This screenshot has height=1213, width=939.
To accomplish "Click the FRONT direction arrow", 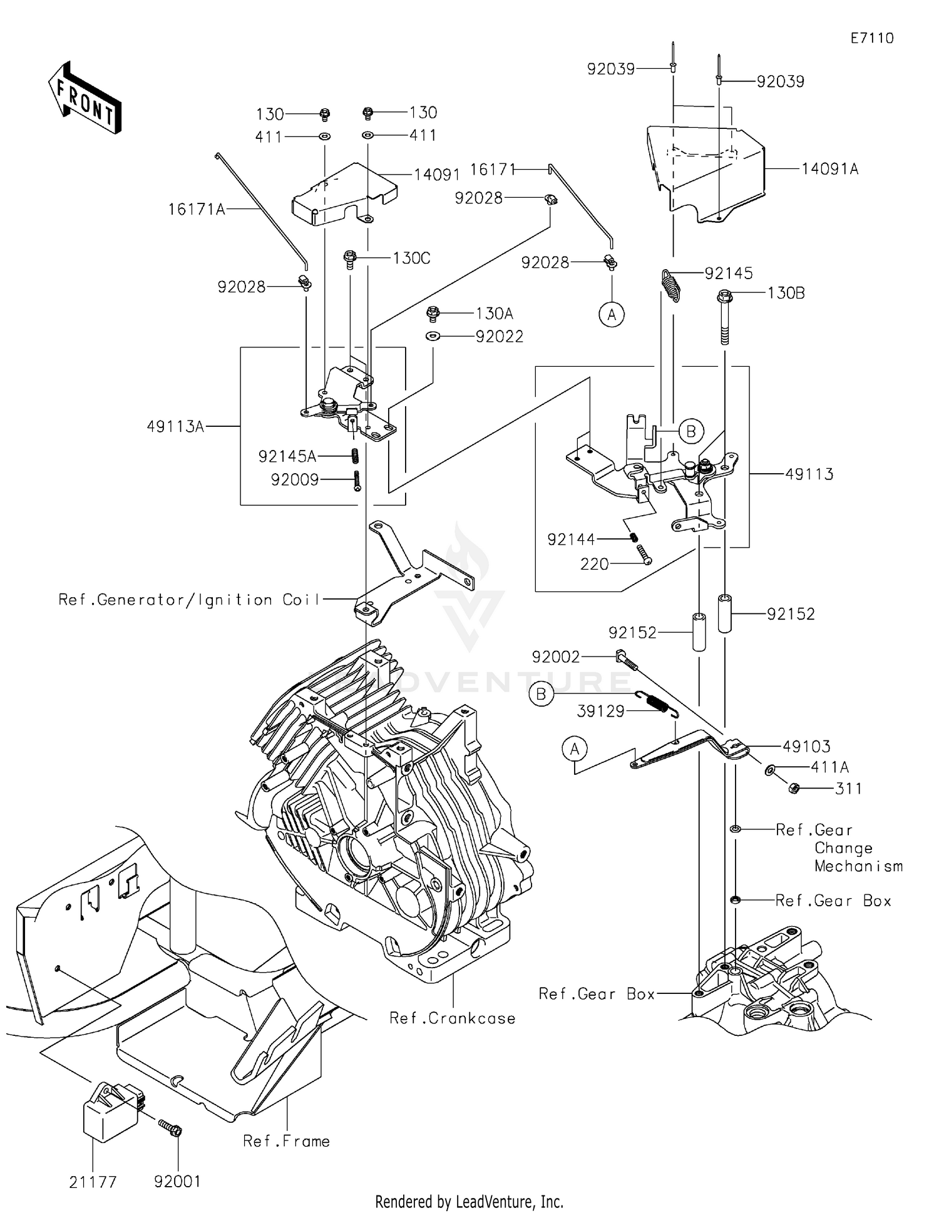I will [x=85, y=98].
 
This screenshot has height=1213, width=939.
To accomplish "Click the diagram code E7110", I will [x=871, y=38].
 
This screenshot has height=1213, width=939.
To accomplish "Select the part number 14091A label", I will [x=829, y=169].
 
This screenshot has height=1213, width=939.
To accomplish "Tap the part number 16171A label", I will [x=196, y=209].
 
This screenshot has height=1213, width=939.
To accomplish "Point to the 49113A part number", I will [x=175, y=427].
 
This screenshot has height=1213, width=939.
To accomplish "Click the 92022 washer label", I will [x=499, y=337].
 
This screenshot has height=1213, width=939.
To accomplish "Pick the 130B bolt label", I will [x=786, y=293].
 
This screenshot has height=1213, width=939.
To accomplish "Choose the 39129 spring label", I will [x=601, y=711].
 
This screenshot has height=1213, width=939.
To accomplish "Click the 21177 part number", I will [x=93, y=1182].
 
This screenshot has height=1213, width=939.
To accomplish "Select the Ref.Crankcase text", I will [x=452, y=1018].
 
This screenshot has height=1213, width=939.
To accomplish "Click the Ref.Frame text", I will [x=286, y=1141].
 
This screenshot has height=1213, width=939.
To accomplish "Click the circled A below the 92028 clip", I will [x=612, y=314].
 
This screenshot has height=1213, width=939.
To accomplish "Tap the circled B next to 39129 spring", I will [x=541, y=694].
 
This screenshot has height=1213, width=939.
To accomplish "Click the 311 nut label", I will [x=848, y=789].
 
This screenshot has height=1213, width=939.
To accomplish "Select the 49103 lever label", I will [x=806, y=747].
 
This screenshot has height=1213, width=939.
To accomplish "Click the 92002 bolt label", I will [x=556, y=657].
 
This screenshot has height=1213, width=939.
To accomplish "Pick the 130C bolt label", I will [x=411, y=258].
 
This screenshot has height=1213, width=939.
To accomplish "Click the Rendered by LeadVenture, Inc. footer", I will [x=469, y=1202].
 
